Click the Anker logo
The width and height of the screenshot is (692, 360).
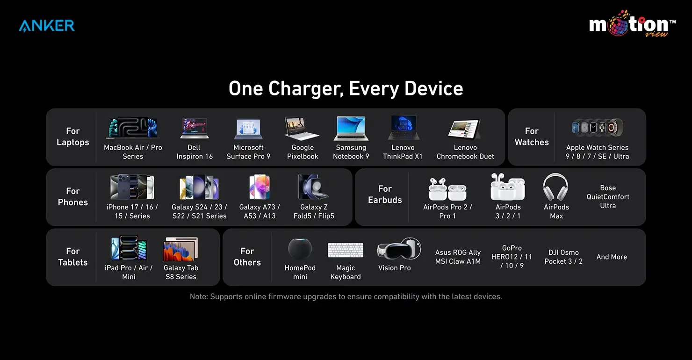47,25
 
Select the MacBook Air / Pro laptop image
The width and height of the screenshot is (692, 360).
133,128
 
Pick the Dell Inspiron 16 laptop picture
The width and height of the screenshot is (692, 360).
194,128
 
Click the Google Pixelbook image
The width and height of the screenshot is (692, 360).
302,128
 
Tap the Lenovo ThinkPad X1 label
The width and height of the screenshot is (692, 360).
403,152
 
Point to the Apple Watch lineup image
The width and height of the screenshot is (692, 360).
597,128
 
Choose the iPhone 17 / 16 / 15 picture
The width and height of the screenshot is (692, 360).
132,187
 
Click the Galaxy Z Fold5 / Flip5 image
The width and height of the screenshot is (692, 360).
314,187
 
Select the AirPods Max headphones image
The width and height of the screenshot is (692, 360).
556,187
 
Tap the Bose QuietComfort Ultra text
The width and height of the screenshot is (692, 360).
608,197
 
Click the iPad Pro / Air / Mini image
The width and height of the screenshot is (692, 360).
129,248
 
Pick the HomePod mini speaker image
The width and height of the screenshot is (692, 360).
300,249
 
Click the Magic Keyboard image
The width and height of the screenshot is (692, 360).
346,250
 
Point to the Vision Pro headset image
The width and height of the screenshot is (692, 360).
398,249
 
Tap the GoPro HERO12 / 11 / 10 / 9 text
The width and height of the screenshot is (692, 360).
512,257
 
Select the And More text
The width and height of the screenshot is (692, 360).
612,257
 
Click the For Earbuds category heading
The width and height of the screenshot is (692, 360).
385,194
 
